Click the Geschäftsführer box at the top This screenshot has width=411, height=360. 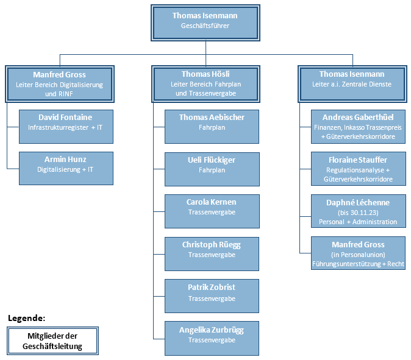click(205, 23)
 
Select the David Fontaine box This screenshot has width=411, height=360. click(66, 127)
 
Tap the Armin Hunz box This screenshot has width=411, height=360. click(66, 168)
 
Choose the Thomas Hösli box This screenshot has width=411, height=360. click(205, 84)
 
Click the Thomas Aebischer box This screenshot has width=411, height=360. click(212, 127)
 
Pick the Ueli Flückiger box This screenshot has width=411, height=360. click(212, 169)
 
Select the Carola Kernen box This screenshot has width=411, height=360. click(212, 211)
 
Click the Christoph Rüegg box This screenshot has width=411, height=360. click(212, 253)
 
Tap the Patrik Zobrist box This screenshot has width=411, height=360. click(212, 296)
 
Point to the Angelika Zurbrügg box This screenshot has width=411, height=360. click(212, 338)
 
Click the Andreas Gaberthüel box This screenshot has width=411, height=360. click(358, 127)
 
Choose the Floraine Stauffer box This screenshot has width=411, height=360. click(359, 169)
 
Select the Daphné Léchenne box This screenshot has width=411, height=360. click(359, 211)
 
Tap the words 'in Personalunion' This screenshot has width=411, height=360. click(358, 255)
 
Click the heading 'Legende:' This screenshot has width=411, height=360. click(26, 318)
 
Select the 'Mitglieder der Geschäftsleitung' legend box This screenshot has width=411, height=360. click(52, 341)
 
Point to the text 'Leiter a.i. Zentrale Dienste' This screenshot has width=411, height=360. click(352, 84)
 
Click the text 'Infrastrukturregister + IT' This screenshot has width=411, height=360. click(65, 127)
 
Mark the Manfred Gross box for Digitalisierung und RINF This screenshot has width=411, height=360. click(60, 84)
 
